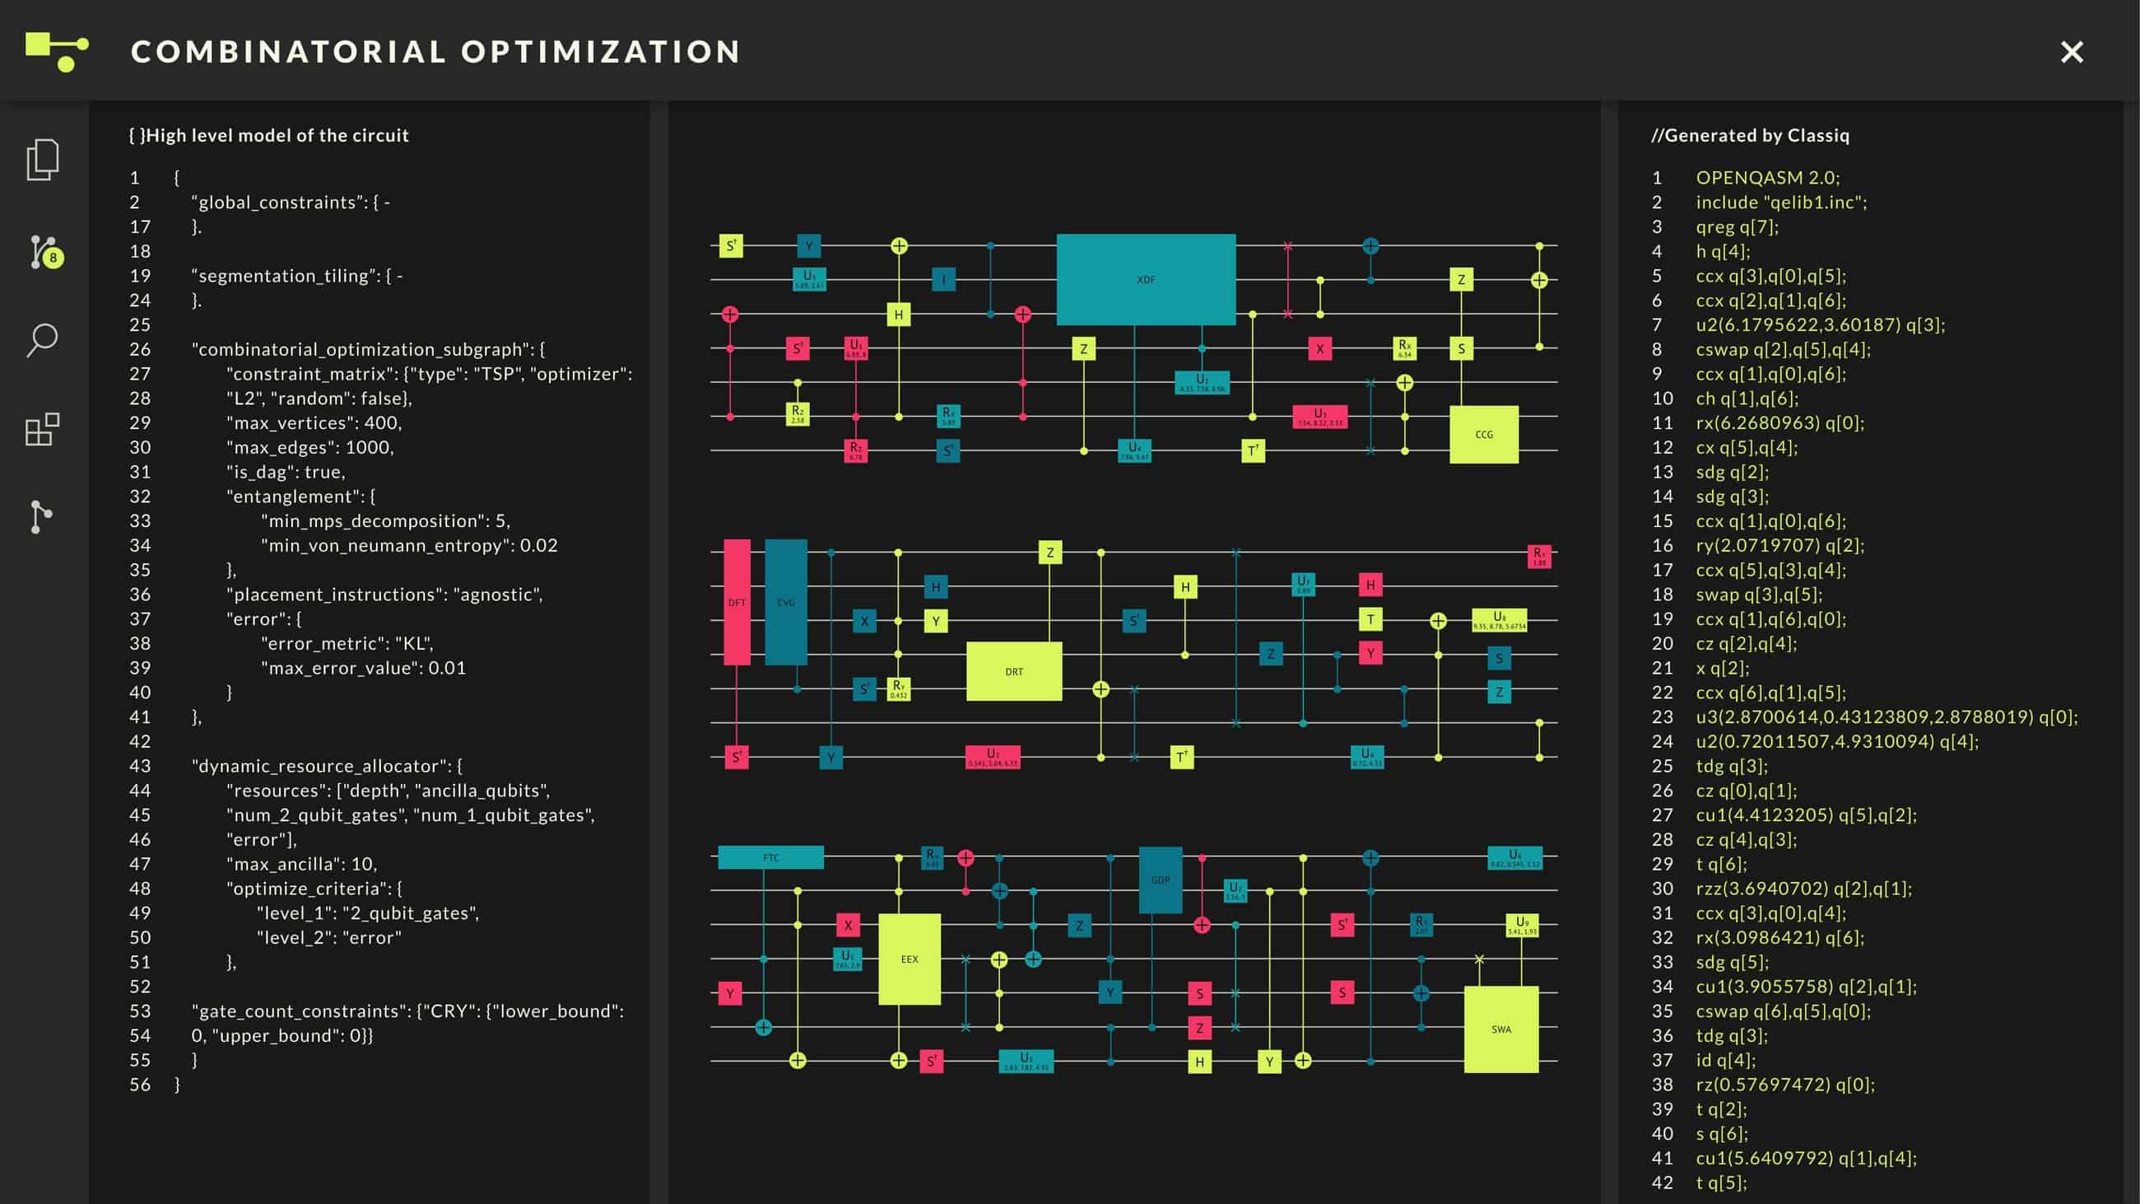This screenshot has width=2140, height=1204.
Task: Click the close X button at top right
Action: click(x=2071, y=53)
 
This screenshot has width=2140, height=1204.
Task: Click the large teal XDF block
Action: click(x=1146, y=279)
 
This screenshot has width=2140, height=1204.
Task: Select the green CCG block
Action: click(x=1484, y=434)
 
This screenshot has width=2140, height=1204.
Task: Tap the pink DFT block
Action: click(x=737, y=603)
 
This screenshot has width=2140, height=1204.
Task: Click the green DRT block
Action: click(x=1013, y=671)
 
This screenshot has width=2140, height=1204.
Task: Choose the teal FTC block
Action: click(x=770, y=857)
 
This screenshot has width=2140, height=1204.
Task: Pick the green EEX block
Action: click(x=909, y=959)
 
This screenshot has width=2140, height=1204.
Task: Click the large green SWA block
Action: click(x=1500, y=1029)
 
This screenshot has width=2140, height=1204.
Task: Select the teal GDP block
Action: click(x=1160, y=880)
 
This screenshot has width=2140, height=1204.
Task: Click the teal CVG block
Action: click(x=786, y=603)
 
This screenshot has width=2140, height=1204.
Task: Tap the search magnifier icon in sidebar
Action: click(x=42, y=340)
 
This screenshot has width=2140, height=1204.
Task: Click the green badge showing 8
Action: click(x=53, y=258)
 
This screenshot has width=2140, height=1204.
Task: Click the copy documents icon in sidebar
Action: click(x=42, y=160)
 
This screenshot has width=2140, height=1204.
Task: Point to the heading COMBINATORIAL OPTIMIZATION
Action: click(x=435, y=52)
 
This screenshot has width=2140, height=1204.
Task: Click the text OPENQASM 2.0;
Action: click(x=1767, y=178)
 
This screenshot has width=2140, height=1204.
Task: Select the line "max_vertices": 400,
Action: click(x=314, y=423)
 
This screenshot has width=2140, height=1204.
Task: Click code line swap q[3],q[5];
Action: click(x=1759, y=595)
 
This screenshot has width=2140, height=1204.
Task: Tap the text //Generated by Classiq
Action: click(x=1750, y=135)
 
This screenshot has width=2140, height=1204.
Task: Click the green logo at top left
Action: click(x=57, y=52)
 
